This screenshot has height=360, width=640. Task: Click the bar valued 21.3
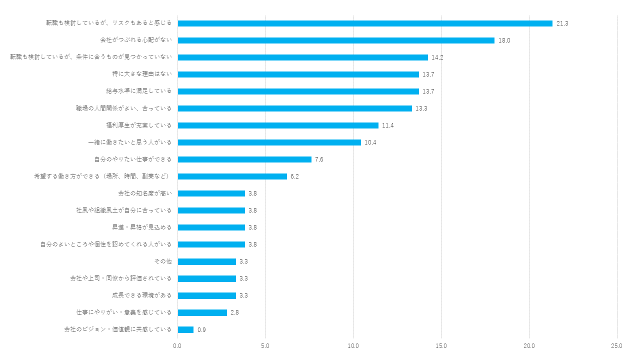point(365,23)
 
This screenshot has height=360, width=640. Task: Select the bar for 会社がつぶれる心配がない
point(336,40)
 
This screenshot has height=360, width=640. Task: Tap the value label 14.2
point(437,57)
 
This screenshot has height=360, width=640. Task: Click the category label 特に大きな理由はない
point(142,74)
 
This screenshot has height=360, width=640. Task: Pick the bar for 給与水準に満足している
point(298,91)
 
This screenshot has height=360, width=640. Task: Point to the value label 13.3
point(421,108)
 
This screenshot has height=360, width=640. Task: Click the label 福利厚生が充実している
point(138,125)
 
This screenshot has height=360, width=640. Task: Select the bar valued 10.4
point(269,142)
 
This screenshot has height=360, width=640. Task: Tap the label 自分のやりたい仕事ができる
point(132,159)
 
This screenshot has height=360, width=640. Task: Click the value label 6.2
point(294,176)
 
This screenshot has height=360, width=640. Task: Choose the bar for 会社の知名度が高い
point(211,193)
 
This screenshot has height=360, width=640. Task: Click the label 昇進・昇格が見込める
point(141,227)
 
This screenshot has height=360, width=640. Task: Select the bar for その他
point(206,261)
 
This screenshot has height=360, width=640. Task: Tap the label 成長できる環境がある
point(141,295)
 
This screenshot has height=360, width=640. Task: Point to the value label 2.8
point(234,312)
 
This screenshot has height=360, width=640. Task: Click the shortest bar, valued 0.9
point(185,329)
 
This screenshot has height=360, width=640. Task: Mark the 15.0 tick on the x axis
point(441,346)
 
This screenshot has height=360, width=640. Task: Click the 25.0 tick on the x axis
point(617,346)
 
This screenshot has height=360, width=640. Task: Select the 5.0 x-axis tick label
point(265,346)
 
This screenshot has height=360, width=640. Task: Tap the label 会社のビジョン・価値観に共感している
point(117,329)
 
